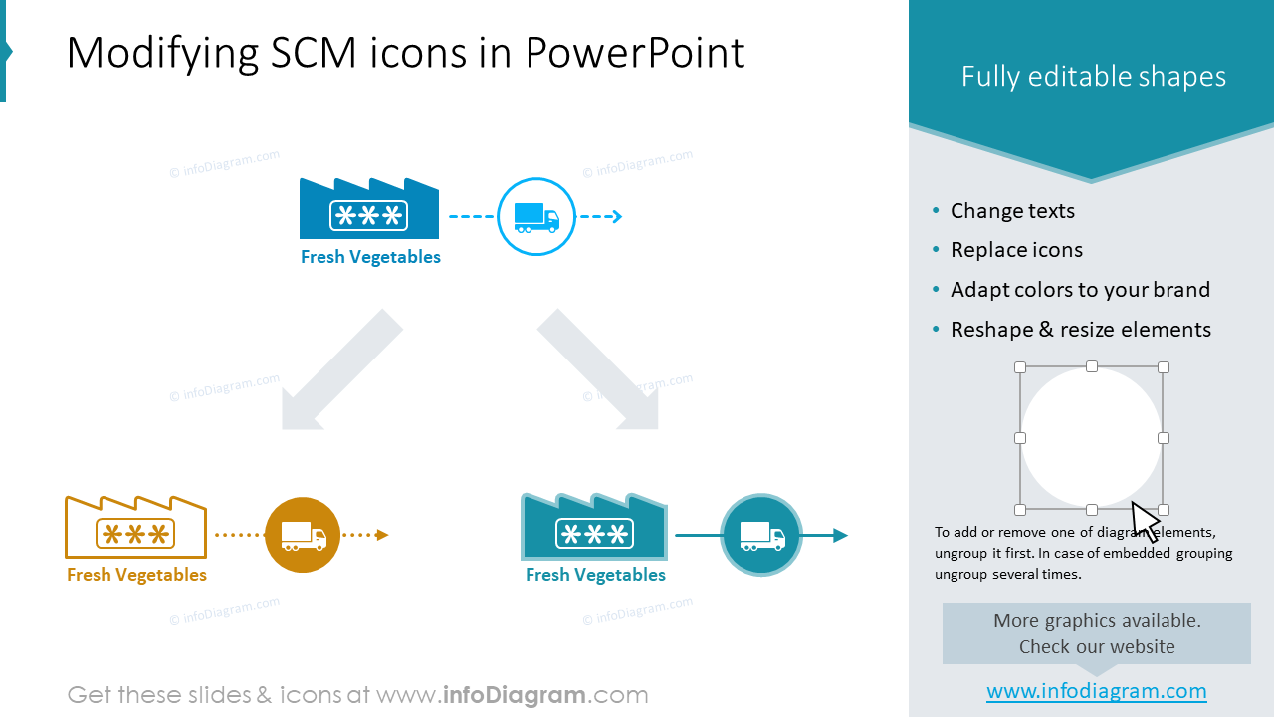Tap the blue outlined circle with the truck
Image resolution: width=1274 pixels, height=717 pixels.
(x=536, y=217)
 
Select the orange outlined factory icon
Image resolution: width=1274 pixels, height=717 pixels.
(x=135, y=527)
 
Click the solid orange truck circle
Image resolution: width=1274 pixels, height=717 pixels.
(x=303, y=535)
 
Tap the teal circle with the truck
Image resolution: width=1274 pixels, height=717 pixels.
(x=761, y=535)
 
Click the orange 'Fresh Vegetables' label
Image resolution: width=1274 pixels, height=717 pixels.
(x=137, y=575)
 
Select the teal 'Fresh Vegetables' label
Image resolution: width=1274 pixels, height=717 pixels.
(x=595, y=575)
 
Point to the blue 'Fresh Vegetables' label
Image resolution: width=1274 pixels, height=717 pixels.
(x=370, y=257)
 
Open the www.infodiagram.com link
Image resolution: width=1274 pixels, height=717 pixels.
(x=1096, y=691)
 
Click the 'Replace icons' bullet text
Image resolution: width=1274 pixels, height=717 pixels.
(x=1016, y=250)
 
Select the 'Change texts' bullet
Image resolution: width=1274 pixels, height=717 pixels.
(x=1012, y=211)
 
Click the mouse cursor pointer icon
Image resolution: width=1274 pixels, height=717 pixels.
(x=1145, y=521)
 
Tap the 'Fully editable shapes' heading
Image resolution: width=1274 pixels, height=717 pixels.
(x=1093, y=77)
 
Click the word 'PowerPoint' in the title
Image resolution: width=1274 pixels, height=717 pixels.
(x=635, y=53)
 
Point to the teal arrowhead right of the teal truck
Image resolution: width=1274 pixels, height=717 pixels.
(x=840, y=536)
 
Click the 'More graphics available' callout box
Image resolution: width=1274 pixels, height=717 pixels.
(x=1096, y=633)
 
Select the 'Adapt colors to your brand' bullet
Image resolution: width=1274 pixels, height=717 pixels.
(x=1080, y=290)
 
